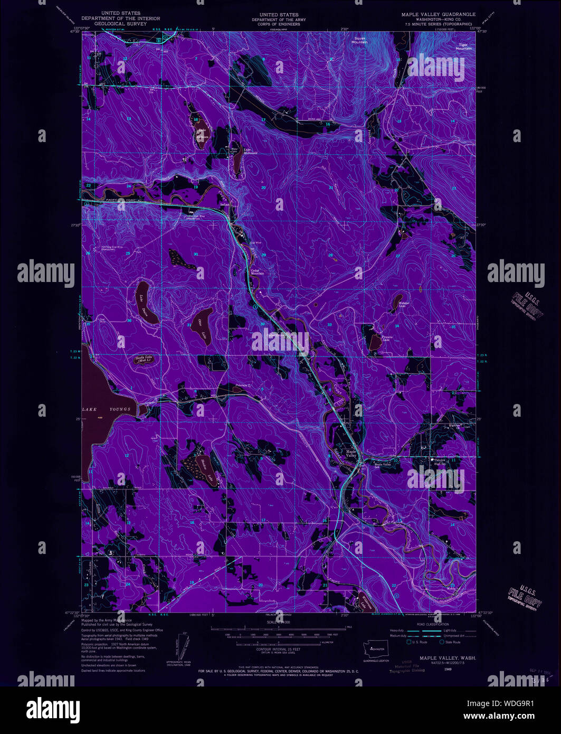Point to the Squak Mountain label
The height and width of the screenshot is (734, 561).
pos(360,40)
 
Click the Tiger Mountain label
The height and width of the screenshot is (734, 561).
pos(463,46)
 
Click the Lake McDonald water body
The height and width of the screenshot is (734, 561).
pos(238,161)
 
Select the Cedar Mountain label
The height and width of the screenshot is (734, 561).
pos(257,272)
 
